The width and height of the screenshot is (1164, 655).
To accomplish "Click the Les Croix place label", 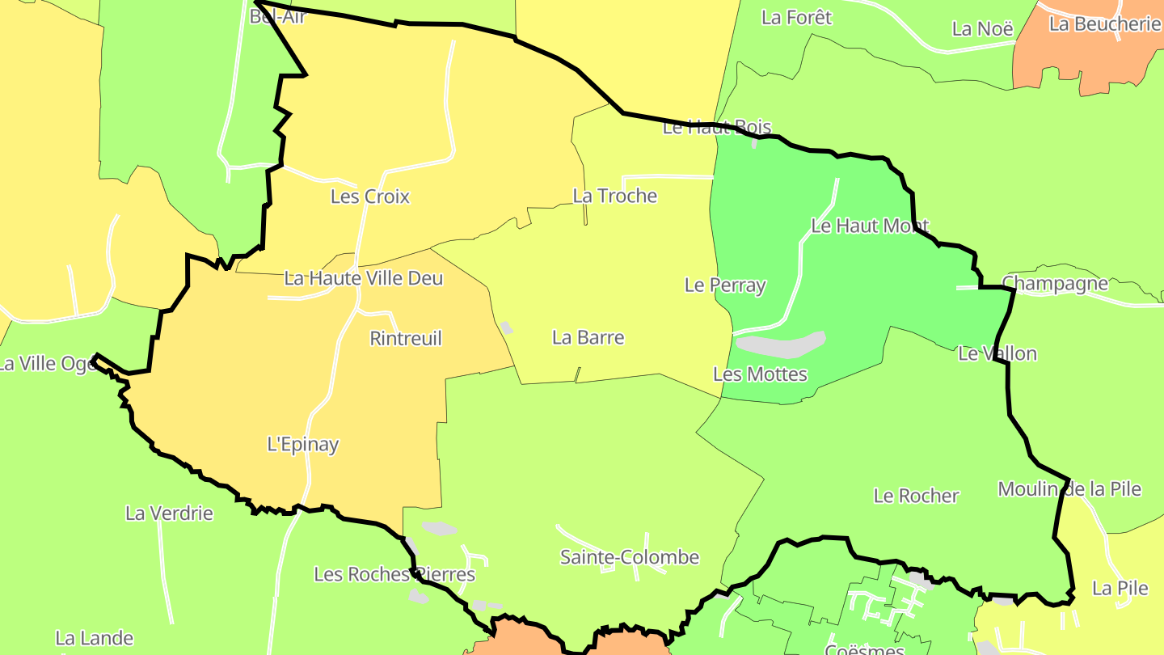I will point(370,196).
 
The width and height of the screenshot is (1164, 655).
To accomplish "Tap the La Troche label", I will point(614,196).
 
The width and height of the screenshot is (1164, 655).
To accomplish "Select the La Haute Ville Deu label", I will point(364,278).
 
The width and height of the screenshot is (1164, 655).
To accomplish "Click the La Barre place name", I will point(588,337).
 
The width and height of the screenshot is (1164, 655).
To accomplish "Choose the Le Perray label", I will point(724,285).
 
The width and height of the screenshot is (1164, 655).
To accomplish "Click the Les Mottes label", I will point(760,374).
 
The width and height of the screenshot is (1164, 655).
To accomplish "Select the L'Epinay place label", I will point(303,444).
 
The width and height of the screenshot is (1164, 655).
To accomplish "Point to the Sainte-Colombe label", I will point(630,557).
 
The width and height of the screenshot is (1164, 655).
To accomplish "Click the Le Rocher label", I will point(916,496).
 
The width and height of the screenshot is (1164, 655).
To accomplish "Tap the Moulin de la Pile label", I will point(1069,488).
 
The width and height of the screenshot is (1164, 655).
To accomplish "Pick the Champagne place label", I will point(1055,284).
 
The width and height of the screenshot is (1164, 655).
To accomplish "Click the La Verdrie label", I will point(169,513).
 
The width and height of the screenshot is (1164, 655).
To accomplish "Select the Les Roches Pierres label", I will point(394,574).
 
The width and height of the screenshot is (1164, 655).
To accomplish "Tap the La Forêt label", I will point(796,17).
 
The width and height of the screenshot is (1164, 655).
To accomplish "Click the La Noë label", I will point(982,29).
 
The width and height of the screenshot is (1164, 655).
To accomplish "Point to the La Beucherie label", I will point(1105,23).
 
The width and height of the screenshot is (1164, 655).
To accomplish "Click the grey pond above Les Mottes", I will point(781,345).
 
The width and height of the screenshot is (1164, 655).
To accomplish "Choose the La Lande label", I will point(94,639).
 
